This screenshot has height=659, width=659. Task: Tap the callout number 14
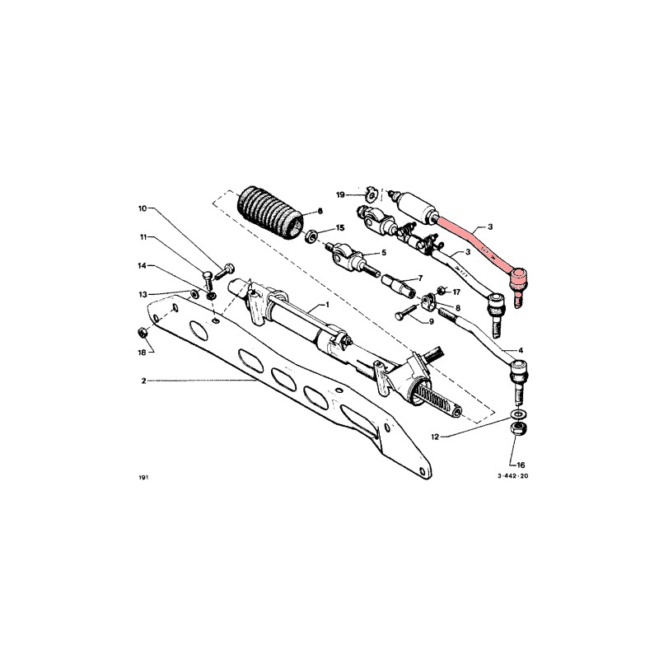tap(142, 266)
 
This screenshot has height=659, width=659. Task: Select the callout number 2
tap(143, 381)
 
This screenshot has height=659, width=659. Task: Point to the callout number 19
tap(339, 194)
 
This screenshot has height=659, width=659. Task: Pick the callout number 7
tap(420, 278)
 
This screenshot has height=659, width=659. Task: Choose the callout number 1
tap(327, 305)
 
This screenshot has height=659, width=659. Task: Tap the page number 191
tap(145, 477)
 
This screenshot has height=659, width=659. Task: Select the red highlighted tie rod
tap(465, 238)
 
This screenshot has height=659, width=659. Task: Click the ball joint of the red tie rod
tap(518, 280)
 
